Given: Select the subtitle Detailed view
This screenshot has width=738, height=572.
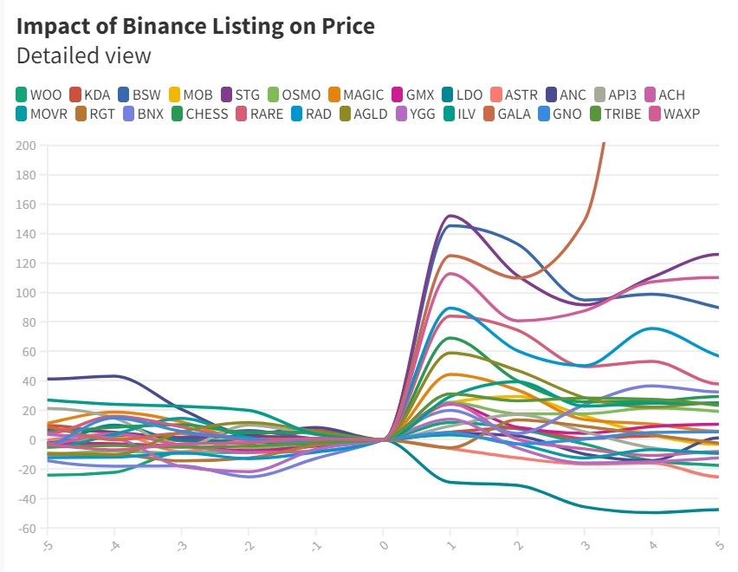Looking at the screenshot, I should tap(83, 55).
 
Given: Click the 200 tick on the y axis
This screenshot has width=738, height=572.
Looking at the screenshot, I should tap(26, 146).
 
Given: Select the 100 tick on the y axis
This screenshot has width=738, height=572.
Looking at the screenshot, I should tap(26, 293).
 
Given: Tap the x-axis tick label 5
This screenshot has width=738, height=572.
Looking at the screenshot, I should tap(716, 545).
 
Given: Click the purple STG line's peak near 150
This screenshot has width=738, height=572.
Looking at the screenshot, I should tap(450, 216).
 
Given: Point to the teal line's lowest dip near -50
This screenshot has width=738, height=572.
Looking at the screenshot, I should tap(650, 512).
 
